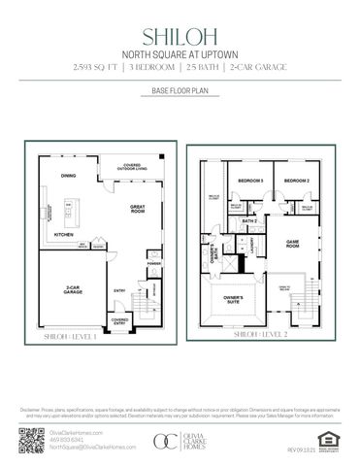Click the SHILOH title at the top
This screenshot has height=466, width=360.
180,36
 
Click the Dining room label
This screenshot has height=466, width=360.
68,176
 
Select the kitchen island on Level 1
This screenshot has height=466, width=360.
68,207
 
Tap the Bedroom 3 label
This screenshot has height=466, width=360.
251,182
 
